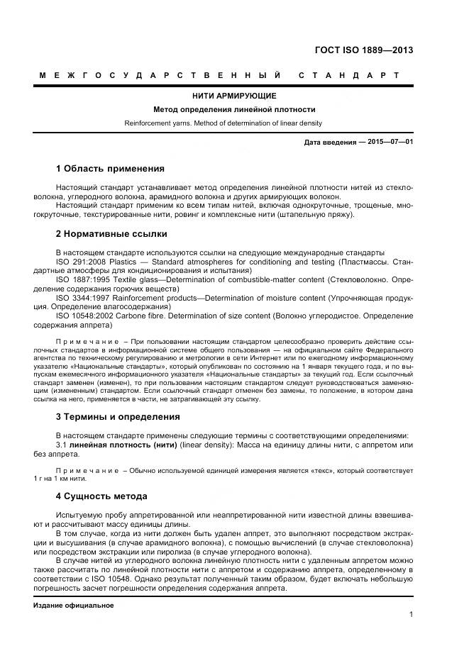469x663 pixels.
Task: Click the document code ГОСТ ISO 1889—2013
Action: [x=363, y=50]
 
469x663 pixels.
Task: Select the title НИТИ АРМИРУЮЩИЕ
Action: [x=234, y=96]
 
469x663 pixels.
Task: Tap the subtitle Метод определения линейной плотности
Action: [x=234, y=109]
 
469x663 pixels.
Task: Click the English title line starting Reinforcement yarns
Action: [x=223, y=123]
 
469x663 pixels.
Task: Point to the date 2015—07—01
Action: [x=390, y=142]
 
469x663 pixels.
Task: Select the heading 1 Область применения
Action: [x=110, y=169]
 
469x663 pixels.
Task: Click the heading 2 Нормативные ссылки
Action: [x=111, y=233]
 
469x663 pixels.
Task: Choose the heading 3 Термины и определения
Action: [x=117, y=417]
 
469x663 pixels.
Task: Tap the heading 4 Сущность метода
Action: [x=101, y=496]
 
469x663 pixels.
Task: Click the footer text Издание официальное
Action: [x=73, y=606]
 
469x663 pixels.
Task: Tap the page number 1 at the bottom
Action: [x=411, y=615]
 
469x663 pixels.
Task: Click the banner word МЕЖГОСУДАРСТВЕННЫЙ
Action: [x=160, y=75]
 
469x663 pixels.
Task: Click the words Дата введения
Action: [x=330, y=142]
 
